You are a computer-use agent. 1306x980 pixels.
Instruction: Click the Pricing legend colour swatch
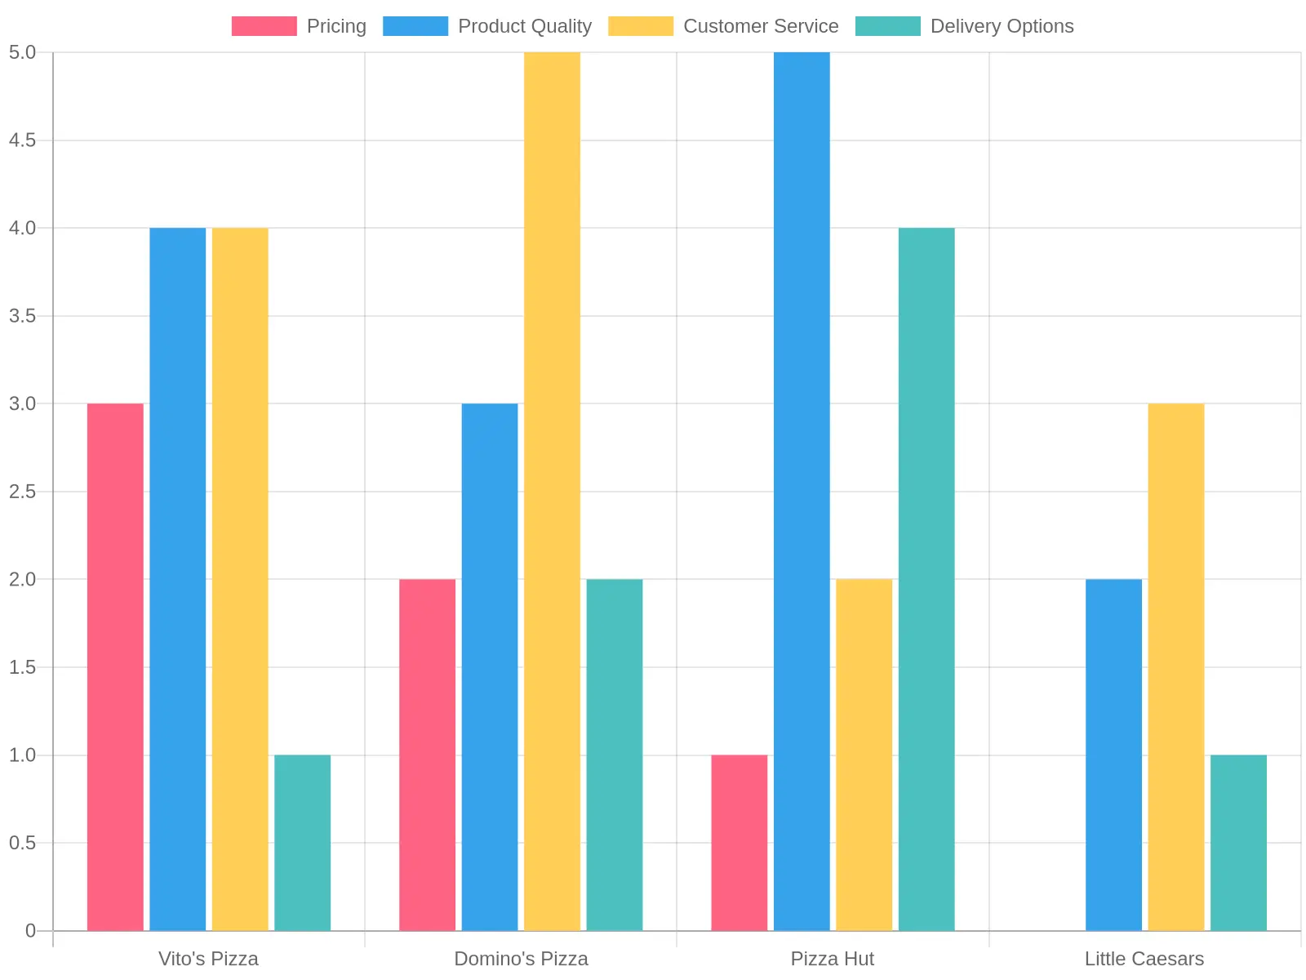coord(264,26)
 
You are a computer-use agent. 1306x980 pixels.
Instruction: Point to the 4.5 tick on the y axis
coord(23,140)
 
